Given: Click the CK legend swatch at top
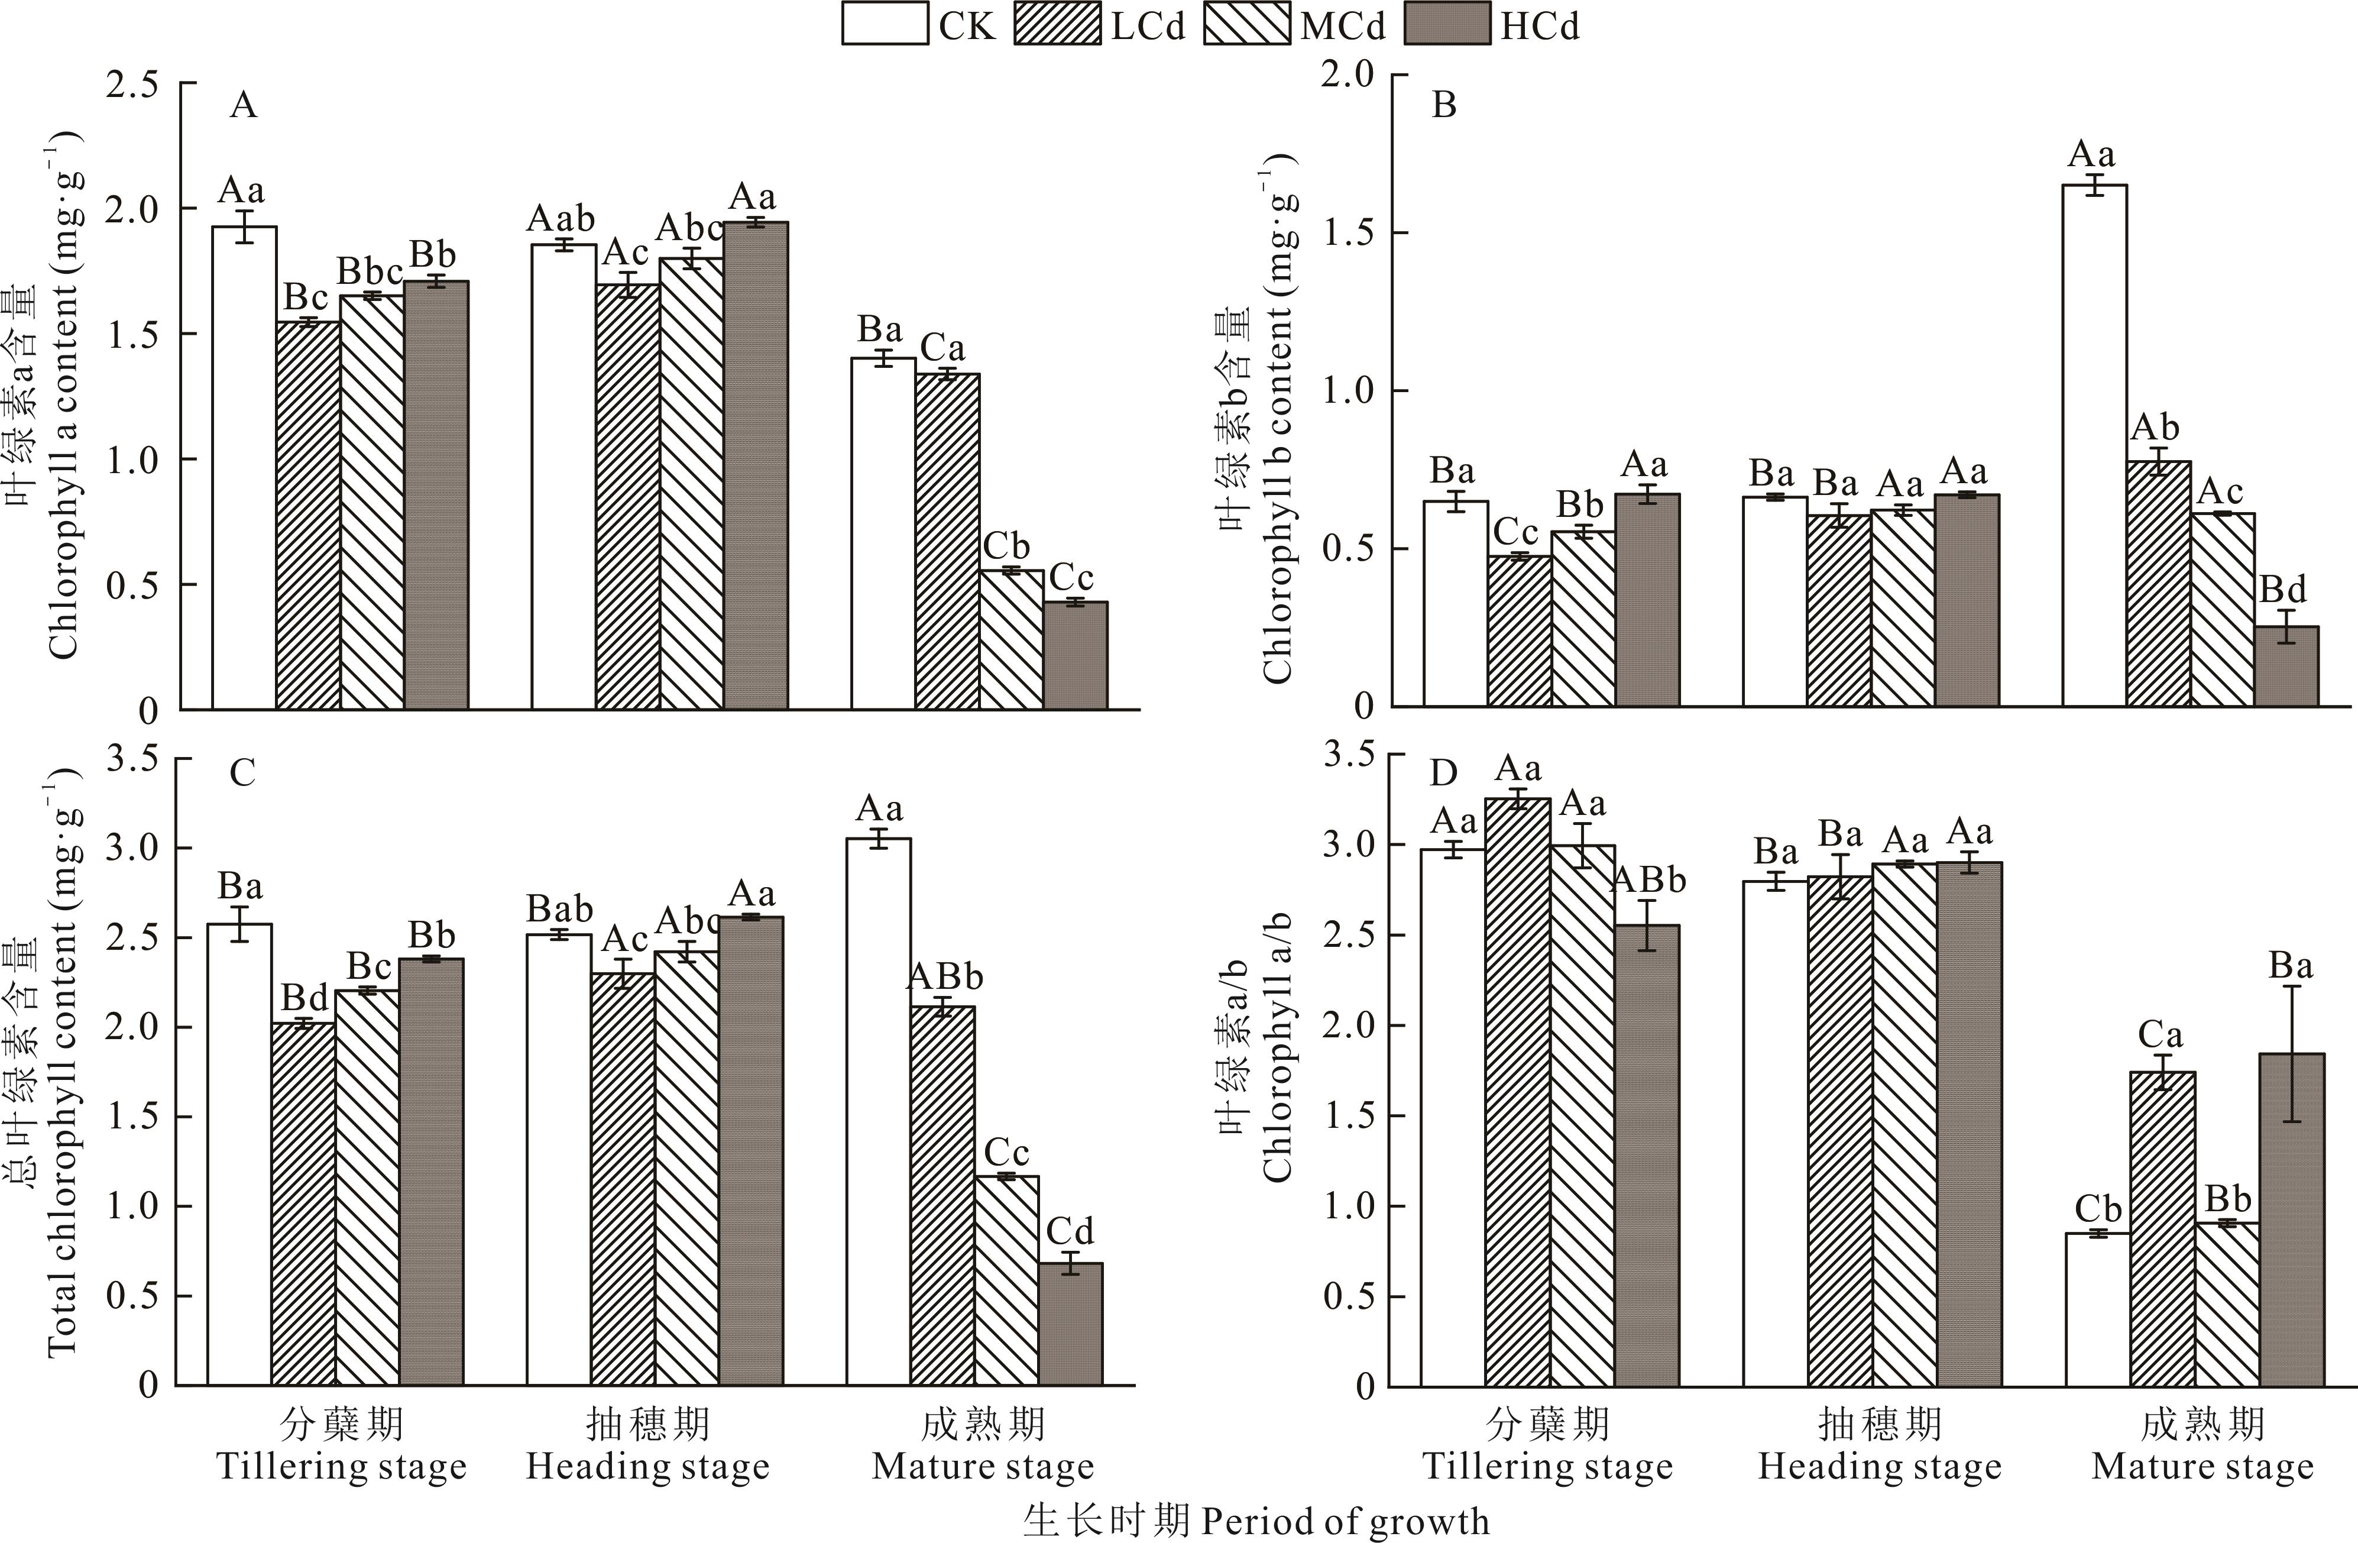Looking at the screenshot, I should coord(885,24).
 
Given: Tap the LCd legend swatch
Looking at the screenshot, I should coord(1057,24).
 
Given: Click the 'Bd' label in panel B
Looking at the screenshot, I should coord(2283,591).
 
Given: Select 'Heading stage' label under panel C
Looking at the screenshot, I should coord(648,1467).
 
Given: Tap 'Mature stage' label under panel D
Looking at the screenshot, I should coord(2201,1467).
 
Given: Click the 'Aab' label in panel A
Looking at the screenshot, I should coord(561,218).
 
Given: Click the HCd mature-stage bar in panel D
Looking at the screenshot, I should coord(2292,1219).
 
